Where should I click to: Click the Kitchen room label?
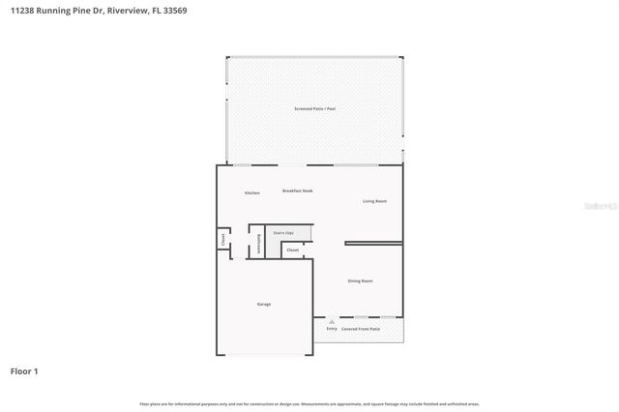[x=252, y=193]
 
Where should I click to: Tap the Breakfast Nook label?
[x=298, y=191]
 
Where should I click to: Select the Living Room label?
[x=374, y=201]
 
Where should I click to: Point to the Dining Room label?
[x=361, y=281]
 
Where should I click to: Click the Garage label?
[x=264, y=305]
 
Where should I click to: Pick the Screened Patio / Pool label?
[x=315, y=109]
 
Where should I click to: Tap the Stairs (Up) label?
[x=283, y=233]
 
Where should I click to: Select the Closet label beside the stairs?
[x=293, y=250]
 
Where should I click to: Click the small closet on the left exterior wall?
[x=222, y=239]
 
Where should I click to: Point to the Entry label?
[x=332, y=329]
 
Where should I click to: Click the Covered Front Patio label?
[x=361, y=329]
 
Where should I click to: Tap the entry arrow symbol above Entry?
[x=332, y=320]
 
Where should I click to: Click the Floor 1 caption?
[x=24, y=370]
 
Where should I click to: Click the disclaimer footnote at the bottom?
[x=309, y=403]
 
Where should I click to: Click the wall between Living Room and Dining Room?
[x=373, y=243]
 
